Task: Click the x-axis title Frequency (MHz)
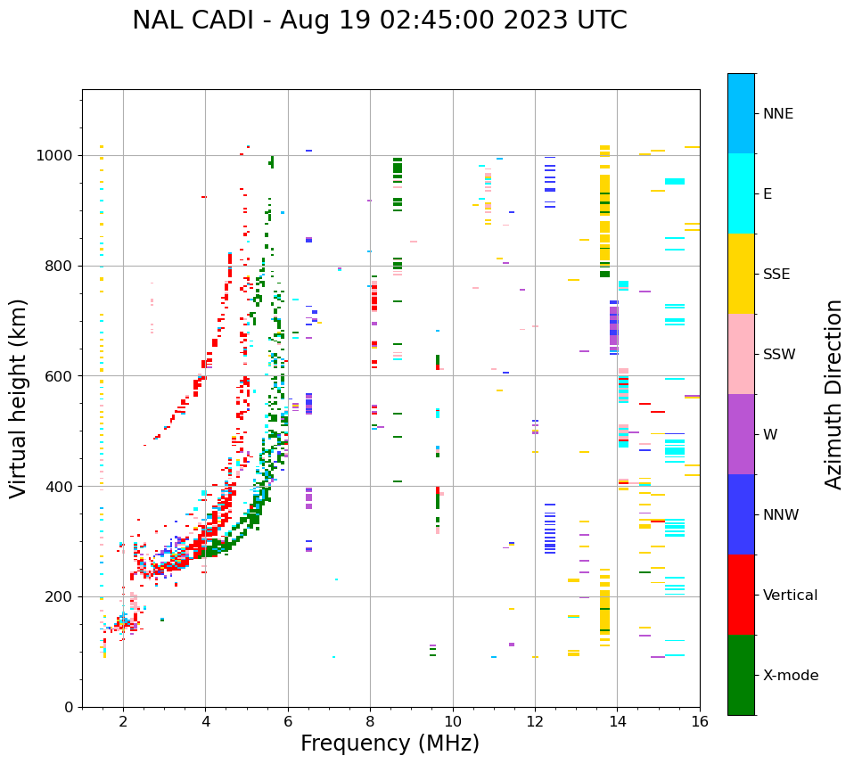pyautogui.click(x=390, y=743)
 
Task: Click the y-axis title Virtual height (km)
pyautogui.click(x=19, y=398)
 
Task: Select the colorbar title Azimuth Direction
pyautogui.click(x=833, y=394)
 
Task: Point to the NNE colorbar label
pyautogui.click(x=777, y=114)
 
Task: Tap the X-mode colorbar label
pyautogui.click(x=790, y=676)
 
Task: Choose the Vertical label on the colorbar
pyautogui.click(x=790, y=596)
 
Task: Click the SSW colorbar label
pyautogui.click(x=779, y=355)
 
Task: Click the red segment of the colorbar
pyautogui.click(x=741, y=595)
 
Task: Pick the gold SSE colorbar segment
pyautogui.click(x=741, y=274)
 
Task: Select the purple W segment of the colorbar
pyautogui.click(x=741, y=434)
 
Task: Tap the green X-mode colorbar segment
pyautogui.click(x=741, y=675)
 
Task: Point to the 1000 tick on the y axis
pyautogui.click(x=56, y=156)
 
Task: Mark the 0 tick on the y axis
pyautogui.click(x=69, y=707)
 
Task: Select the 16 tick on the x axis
pyautogui.click(x=700, y=721)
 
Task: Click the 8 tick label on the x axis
pyautogui.click(x=370, y=721)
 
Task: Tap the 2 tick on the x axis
pyautogui.click(x=123, y=721)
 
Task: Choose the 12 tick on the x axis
pyautogui.click(x=535, y=721)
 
